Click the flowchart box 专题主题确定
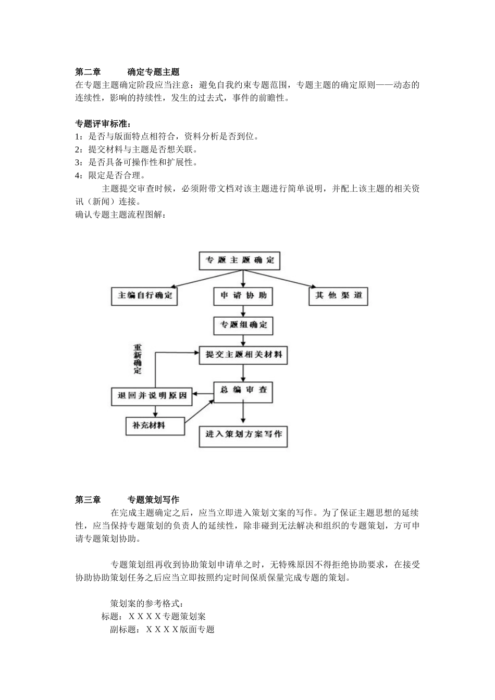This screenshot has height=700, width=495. (x=239, y=260)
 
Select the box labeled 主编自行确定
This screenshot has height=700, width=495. (x=145, y=296)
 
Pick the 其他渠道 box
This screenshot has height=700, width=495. (x=338, y=296)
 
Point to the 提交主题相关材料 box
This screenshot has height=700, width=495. (x=243, y=355)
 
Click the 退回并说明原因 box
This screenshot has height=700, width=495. (x=152, y=396)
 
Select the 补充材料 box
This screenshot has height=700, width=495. (x=155, y=426)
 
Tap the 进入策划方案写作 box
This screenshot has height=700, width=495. (x=243, y=434)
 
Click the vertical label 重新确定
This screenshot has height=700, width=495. (x=138, y=359)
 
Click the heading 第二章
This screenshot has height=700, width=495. (x=88, y=72)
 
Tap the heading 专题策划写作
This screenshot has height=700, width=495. (x=153, y=500)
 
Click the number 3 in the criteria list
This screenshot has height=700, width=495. (x=78, y=162)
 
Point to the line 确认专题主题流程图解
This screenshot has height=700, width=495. (x=120, y=214)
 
